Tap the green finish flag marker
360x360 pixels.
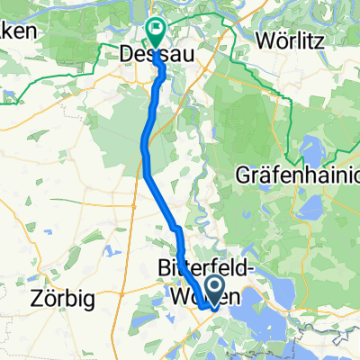155,33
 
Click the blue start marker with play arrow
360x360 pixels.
215,288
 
